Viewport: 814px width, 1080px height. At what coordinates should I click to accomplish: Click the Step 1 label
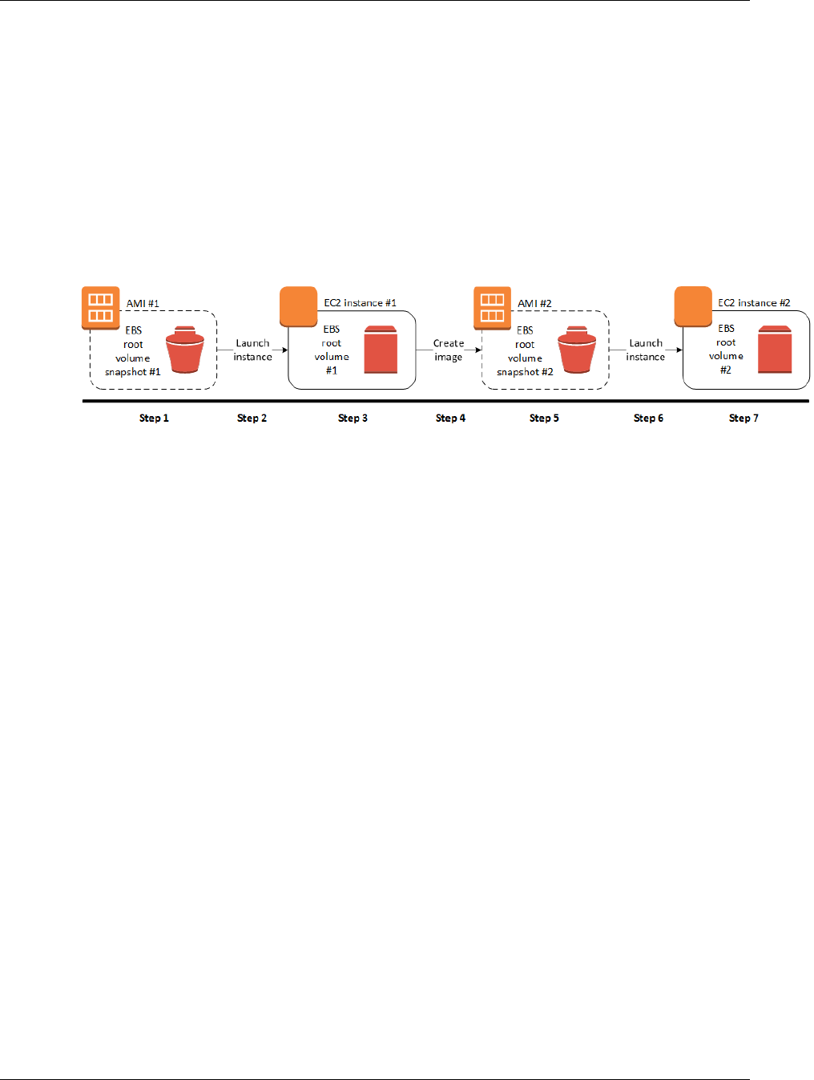154,418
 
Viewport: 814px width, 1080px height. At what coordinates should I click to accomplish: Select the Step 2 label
252,418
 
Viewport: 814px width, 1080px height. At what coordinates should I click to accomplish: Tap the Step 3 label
353,418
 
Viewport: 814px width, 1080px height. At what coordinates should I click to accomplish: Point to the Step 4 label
450,418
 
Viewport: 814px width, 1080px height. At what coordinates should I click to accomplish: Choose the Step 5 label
544,418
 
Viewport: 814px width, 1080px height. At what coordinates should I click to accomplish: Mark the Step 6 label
648,418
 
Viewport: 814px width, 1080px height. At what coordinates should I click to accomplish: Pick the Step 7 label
743,418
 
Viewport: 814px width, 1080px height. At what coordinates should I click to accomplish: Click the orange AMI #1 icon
101,308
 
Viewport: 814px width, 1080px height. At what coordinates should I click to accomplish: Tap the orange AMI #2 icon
492,308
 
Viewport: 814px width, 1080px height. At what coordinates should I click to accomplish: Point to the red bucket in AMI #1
185,350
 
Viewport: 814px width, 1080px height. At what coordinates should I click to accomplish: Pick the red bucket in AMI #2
577,350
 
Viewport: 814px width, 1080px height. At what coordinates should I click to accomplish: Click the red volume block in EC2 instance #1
381,350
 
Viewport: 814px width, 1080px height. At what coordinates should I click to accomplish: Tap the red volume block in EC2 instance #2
775,350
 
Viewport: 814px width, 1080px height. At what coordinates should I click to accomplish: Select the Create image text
449,350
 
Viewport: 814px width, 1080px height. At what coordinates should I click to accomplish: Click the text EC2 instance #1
360,303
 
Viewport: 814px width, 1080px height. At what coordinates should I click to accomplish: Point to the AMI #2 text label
534,304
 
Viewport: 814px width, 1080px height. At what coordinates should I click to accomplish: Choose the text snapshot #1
132,372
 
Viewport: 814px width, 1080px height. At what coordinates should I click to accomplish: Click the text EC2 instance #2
754,303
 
